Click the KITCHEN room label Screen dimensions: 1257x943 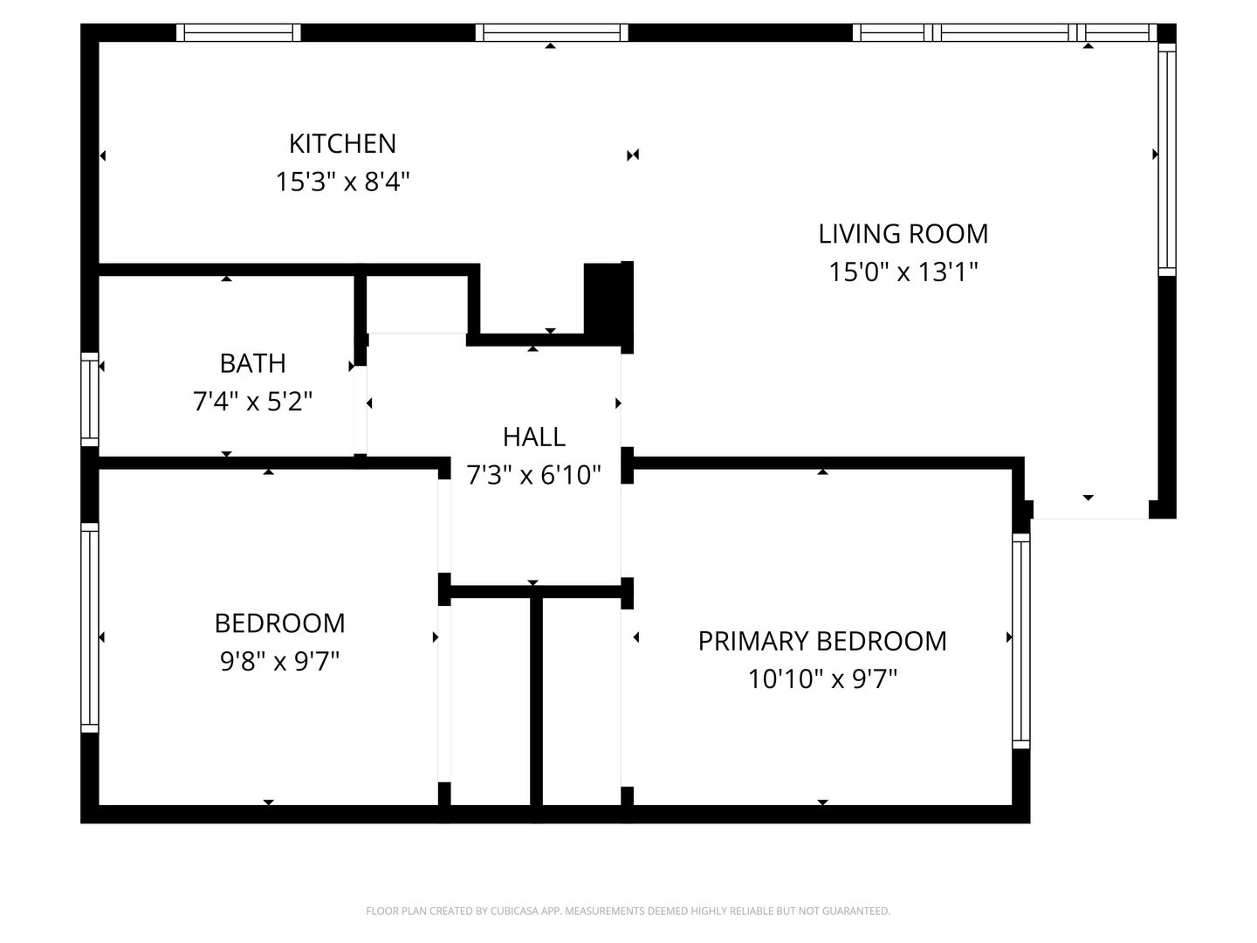click(342, 144)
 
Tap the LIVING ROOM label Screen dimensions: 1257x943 click(903, 234)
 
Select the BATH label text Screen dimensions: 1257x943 click(252, 363)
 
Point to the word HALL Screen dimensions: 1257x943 click(533, 437)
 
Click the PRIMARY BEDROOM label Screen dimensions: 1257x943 click(822, 641)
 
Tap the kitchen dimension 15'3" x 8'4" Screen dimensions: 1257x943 click(342, 182)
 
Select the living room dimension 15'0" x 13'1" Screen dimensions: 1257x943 click(903, 272)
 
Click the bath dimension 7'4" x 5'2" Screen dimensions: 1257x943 click(252, 402)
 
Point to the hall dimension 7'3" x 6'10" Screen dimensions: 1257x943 click(533, 475)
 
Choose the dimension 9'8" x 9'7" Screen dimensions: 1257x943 click(279, 661)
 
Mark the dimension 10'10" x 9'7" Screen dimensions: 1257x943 click(822, 679)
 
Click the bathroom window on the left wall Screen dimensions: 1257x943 click(90, 399)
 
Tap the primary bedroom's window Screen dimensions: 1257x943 click(1021, 641)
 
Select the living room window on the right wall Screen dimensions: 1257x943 click(1167, 159)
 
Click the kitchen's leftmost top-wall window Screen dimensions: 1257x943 click(238, 32)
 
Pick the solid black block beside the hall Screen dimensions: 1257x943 click(608, 304)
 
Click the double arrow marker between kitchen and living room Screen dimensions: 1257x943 click(633, 155)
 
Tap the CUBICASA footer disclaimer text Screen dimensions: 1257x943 click(628, 911)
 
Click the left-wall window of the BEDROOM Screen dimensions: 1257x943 click(90, 628)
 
